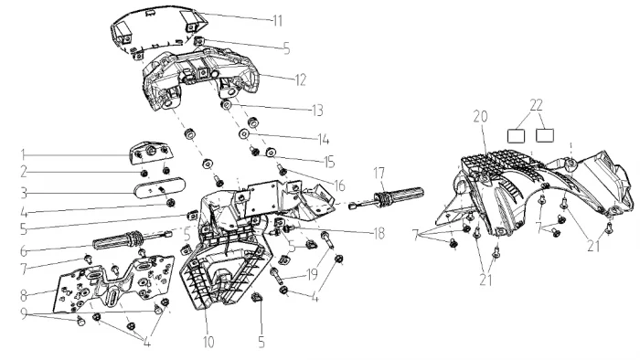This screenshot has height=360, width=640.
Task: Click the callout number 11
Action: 278,20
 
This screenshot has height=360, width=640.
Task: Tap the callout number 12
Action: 301,79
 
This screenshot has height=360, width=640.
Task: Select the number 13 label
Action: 317,110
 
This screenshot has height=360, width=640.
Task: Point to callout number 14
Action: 324,140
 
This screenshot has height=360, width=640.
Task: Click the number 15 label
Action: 329,162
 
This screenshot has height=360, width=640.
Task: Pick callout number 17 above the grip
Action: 379,173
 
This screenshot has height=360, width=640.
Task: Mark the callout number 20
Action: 480,117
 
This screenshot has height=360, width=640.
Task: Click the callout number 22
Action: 537,105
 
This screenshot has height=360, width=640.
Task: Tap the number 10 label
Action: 208,342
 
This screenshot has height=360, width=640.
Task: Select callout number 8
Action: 24,295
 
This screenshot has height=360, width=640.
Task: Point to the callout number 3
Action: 24,193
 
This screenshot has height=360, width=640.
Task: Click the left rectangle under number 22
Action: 516,136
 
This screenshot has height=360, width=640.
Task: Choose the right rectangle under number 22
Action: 545,135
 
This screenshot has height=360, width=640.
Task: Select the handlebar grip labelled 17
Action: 387,196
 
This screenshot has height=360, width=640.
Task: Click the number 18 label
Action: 379,233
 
